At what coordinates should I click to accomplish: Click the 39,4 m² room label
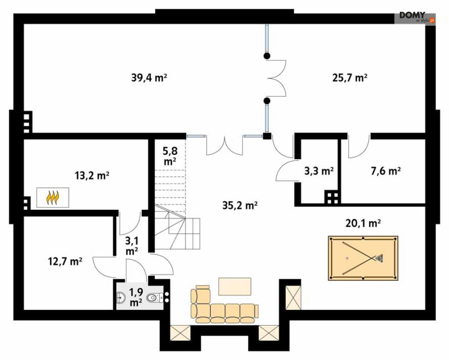pos(149,78)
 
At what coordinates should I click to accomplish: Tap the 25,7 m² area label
pos(350,78)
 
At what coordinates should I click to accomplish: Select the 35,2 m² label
pos(240,205)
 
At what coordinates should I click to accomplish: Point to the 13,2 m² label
pos(92,175)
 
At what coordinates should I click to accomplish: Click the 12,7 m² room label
pos(65,261)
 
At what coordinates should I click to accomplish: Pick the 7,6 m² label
pos(386,171)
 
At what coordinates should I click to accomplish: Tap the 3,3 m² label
pos(319,171)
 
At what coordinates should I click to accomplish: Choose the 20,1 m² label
pos(363,223)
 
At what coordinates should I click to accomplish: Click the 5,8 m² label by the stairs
pos(170,156)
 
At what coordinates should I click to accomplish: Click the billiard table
pos(363,258)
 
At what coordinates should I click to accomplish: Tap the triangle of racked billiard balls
pos(379,258)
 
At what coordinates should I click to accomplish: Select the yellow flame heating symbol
pos(53,198)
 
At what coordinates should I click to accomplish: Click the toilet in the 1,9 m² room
pos(155,298)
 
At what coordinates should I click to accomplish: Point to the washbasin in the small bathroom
pos(121,298)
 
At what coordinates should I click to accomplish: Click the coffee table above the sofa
pos(235,286)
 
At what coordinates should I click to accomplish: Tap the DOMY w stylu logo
pos(416,18)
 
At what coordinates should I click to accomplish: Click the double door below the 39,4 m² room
pos(225,145)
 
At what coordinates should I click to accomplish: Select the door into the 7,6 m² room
pos(359,146)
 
